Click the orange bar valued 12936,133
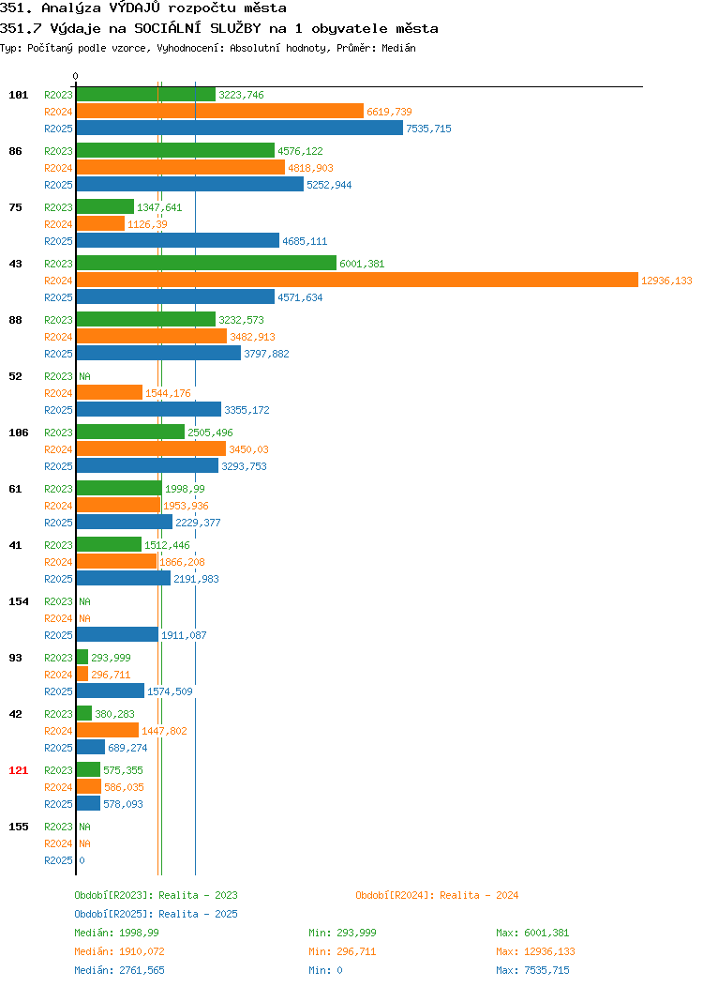click(357, 281)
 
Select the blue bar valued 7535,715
click(240, 128)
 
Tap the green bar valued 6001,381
click(206, 263)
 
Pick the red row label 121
click(18, 770)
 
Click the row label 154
click(18, 601)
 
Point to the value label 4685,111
click(305, 241)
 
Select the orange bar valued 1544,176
click(110, 393)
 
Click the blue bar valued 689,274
click(91, 747)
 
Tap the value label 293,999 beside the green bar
click(111, 658)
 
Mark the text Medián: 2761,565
click(119, 970)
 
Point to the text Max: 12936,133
click(535, 951)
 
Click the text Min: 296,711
click(342, 951)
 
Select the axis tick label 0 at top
click(76, 76)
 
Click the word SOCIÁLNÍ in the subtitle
click(167, 28)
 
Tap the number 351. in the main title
click(16, 8)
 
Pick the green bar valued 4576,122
click(175, 150)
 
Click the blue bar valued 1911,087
click(117, 634)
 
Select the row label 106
click(18, 433)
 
